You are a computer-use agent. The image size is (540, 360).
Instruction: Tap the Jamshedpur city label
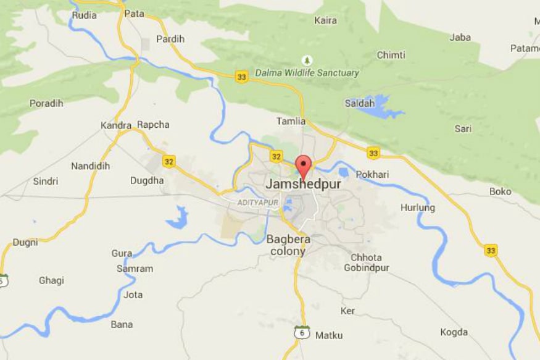303,184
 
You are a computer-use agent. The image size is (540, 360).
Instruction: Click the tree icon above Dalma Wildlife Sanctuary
306,60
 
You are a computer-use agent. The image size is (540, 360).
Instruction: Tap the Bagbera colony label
288,245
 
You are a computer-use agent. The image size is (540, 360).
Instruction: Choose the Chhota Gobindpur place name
366,262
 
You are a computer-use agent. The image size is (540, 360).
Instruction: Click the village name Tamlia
291,121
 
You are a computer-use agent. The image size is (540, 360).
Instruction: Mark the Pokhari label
372,175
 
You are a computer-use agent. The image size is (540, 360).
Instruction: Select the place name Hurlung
418,207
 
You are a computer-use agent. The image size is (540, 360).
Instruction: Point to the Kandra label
115,125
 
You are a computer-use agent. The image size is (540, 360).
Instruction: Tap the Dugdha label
147,180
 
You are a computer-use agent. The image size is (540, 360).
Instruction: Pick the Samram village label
135,269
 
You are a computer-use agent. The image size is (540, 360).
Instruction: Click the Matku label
329,335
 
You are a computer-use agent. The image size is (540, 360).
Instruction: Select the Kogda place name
454,332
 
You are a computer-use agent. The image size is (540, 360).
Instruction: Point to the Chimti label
391,55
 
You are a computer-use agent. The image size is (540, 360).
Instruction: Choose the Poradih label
46,103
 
